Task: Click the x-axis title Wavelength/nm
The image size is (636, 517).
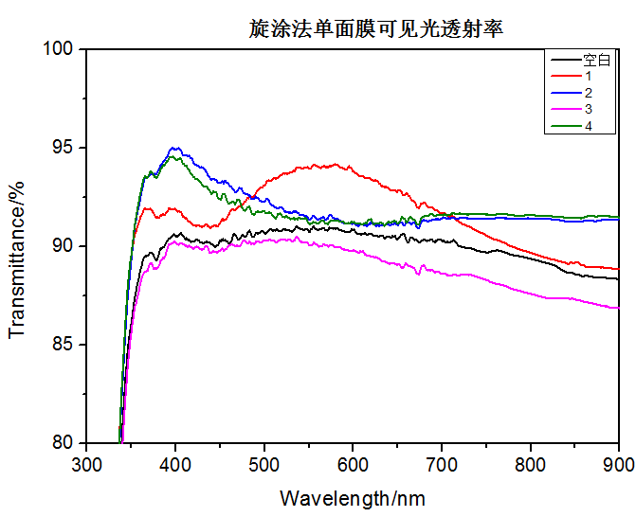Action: (353, 497)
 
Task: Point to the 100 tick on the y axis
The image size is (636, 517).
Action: (60, 48)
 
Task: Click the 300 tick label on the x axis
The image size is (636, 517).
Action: (86, 465)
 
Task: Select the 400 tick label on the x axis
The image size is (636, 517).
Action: (175, 465)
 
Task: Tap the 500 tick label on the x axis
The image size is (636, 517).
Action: (263, 465)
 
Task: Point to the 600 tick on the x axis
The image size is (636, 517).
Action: (353, 465)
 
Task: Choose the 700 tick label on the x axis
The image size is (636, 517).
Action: (442, 465)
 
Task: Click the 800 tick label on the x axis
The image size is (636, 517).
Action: (530, 465)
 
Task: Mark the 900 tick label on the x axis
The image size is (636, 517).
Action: (617, 465)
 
